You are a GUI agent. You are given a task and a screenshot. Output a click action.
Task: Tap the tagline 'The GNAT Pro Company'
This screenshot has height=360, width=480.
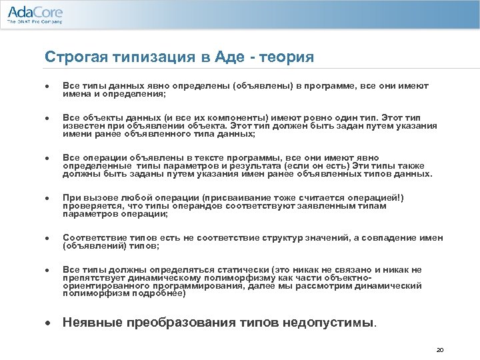coord(34,22)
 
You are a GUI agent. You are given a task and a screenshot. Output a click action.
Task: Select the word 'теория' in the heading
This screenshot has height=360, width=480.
coord(288,57)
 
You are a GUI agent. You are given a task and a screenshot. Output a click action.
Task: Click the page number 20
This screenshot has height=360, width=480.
coord(439,349)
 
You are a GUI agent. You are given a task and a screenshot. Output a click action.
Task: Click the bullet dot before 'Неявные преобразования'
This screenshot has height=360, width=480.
coord(48,323)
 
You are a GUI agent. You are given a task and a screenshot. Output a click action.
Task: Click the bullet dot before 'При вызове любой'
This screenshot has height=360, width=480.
coord(48,199)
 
